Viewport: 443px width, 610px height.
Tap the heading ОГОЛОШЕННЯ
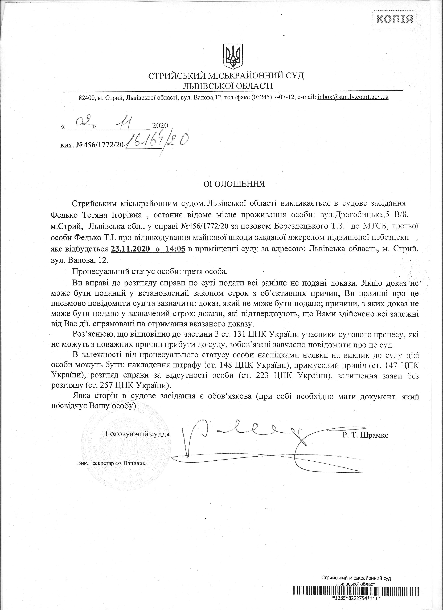234,184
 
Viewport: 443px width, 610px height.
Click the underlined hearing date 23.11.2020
130,249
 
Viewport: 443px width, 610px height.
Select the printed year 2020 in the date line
160,125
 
